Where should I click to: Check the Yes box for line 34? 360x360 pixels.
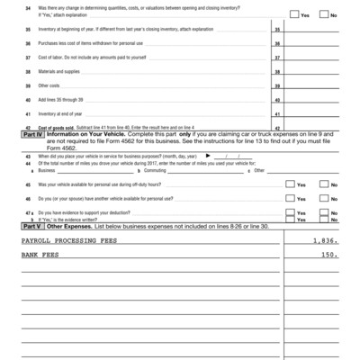pos(294,15)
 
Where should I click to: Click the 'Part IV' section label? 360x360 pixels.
pos(35,135)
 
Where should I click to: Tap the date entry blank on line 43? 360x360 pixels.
pos(230,156)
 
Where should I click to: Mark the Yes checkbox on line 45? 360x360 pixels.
pos(289,184)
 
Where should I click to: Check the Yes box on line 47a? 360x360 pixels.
pos(289,211)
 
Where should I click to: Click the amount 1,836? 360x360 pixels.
pos(325,241)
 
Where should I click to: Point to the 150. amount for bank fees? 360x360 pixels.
pos(329,256)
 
